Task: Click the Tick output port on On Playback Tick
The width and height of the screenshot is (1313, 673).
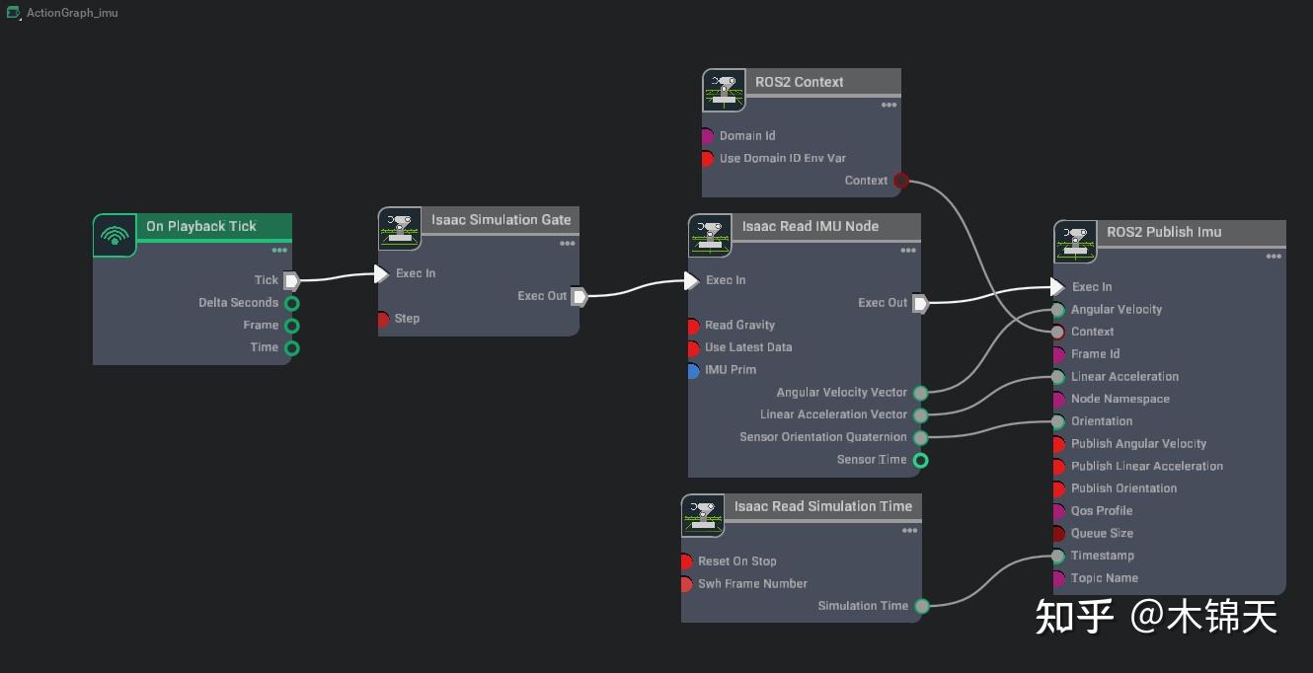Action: tap(291, 280)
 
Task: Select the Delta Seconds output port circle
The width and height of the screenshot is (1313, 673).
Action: tap(291, 303)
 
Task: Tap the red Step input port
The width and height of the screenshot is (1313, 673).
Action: tap(383, 319)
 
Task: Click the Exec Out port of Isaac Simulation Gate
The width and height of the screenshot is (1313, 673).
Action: tap(579, 296)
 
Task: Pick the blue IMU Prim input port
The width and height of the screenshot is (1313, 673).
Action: tap(693, 370)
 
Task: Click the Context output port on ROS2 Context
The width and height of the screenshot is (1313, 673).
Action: tap(900, 181)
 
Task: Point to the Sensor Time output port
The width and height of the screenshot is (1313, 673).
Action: tap(920, 460)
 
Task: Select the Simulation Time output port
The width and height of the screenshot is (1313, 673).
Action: tap(920, 606)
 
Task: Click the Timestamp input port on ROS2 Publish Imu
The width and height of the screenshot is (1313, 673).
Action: tap(1058, 556)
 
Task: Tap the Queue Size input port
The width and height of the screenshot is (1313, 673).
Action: tap(1058, 534)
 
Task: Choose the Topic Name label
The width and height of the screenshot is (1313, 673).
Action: tap(1104, 578)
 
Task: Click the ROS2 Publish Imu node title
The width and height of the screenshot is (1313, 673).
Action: tap(1164, 232)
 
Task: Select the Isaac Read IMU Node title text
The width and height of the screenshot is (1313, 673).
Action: tap(810, 226)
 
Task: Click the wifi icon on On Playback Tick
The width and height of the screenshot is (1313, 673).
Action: tap(115, 236)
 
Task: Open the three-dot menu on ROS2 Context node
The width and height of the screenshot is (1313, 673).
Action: tap(888, 106)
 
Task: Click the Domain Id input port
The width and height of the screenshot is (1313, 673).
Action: tap(707, 136)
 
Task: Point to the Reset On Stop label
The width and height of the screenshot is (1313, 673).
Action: tap(736, 561)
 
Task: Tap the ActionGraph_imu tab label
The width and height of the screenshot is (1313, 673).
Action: tap(72, 13)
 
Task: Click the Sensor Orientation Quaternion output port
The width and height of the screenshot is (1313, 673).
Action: tap(920, 437)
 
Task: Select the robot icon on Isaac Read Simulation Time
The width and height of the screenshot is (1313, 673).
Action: tap(702, 515)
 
